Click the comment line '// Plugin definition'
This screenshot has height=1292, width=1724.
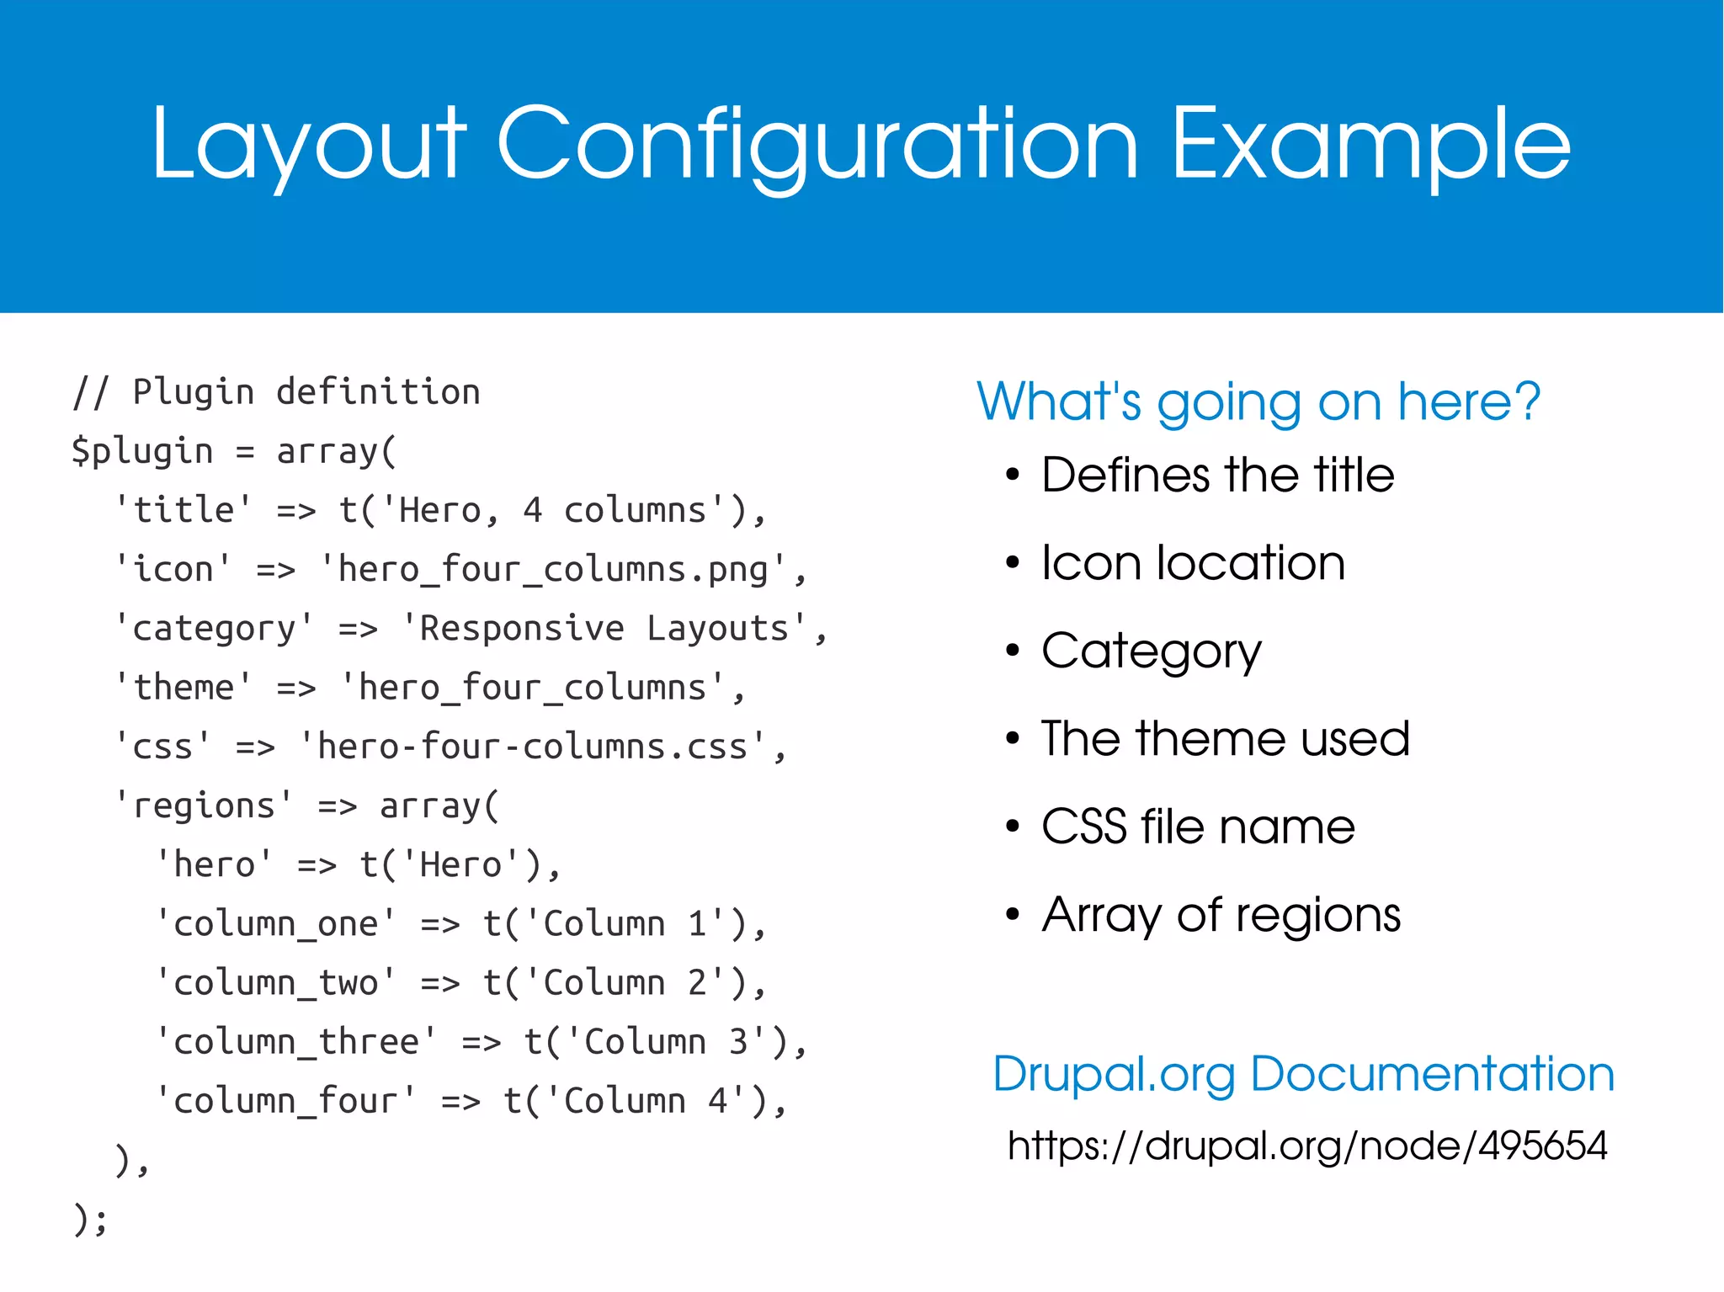[x=276, y=392]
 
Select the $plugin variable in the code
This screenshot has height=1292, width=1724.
[x=141, y=451]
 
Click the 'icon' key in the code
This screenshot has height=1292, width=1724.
[x=173, y=570]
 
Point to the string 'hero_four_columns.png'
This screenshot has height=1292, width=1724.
[x=553, y=570]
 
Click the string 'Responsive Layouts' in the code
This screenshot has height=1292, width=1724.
[x=604, y=629]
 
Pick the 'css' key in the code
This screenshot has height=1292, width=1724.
[x=162, y=747]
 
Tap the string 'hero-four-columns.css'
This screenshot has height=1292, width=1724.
[x=532, y=747]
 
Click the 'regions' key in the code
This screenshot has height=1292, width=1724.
[x=204, y=806]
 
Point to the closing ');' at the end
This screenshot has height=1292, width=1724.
[x=90, y=1219]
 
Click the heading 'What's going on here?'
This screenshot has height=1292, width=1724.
[x=1258, y=401]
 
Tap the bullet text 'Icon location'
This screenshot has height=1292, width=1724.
[x=1193, y=562]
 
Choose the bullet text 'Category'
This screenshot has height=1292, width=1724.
[x=1151, y=651]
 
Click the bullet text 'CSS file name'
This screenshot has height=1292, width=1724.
[x=1198, y=827]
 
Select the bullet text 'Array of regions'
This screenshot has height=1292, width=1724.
[x=1221, y=914]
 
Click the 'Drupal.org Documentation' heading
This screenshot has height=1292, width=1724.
[x=1303, y=1074]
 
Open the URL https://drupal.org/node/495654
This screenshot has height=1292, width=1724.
[x=1306, y=1146]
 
